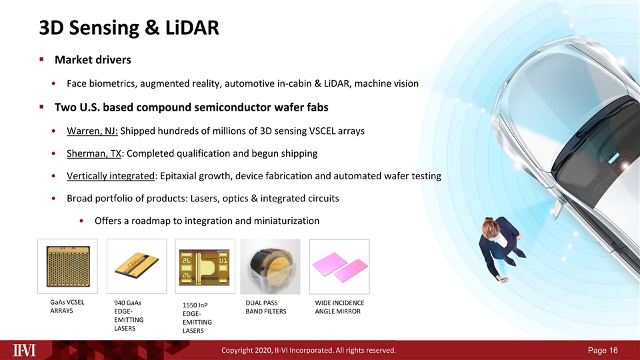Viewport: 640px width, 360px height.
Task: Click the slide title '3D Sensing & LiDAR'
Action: [x=128, y=28]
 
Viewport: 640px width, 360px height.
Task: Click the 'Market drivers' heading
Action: [x=93, y=60]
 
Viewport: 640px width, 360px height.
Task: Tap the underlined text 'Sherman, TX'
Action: [x=94, y=153]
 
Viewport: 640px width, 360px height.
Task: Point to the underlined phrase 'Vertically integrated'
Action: [x=110, y=176]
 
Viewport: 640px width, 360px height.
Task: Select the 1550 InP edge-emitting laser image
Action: [x=205, y=265]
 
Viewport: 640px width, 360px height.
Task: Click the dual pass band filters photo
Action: [x=269, y=265]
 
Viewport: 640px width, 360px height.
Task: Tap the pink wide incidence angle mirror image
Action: [x=338, y=265]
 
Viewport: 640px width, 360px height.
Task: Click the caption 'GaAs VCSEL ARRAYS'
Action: [x=66, y=307]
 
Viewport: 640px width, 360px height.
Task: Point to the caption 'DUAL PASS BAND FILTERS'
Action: [x=265, y=307]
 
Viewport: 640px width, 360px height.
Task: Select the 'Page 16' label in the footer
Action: [x=604, y=350]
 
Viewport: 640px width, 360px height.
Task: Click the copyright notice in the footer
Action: [x=309, y=350]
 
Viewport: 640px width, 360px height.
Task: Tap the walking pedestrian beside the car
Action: [x=500, y=247]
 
